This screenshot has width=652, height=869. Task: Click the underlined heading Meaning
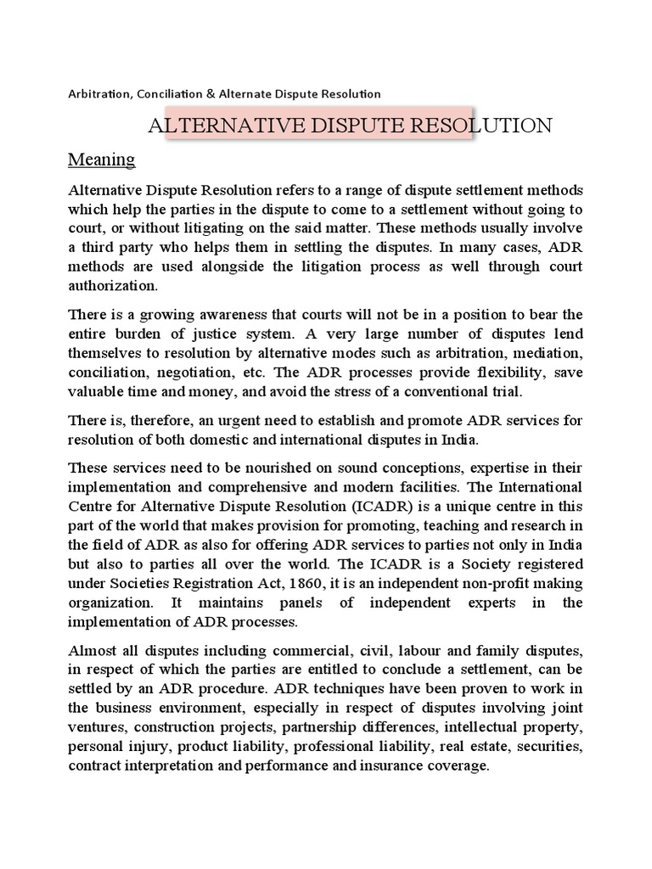[101, 160]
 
